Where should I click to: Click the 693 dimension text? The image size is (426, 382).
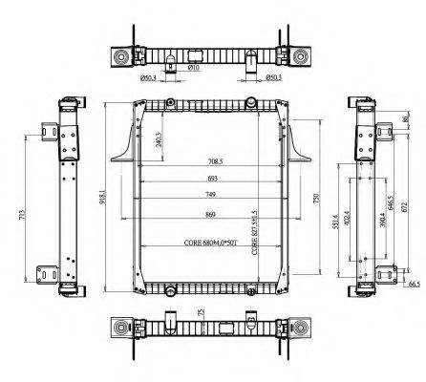click(x=212, y=180)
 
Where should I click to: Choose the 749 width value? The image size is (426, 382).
click(x=212, y=196)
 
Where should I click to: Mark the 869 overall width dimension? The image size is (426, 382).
click(x=212, y=213)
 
